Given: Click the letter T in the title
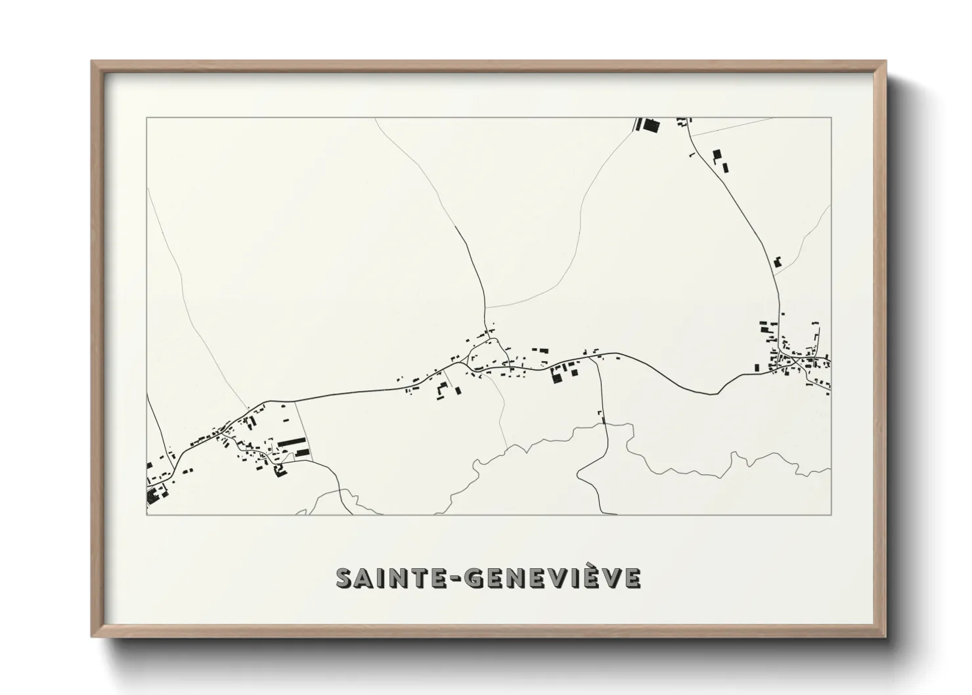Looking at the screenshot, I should (x=417, y=578).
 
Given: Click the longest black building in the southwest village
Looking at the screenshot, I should (x=292, y=442).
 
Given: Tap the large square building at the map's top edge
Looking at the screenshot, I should (x=650, y=125).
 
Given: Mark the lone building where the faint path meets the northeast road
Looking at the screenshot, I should (x=778, y=261).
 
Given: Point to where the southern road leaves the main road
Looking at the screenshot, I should (x=597, y=358).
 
